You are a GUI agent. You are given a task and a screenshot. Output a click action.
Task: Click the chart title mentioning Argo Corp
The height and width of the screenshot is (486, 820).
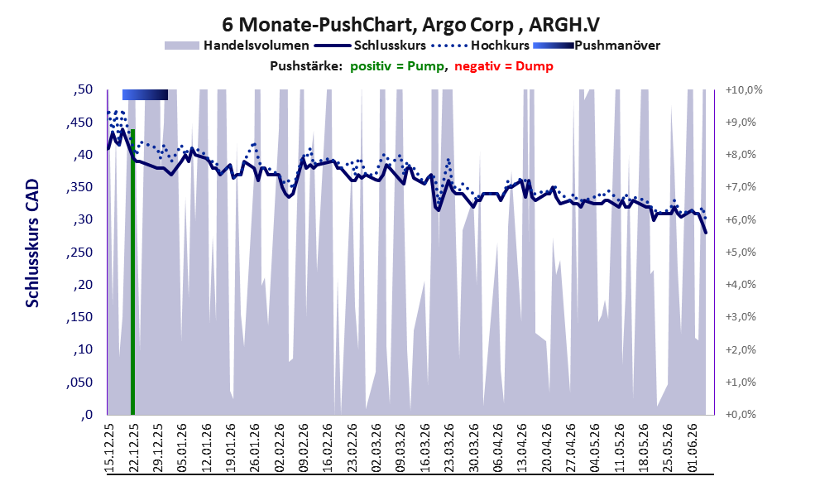tap(410, 24)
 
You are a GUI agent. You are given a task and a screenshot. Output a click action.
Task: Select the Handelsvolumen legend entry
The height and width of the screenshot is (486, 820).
tap(237, 46)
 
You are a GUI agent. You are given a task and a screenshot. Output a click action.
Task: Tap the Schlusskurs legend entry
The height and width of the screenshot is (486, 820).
tap(370, 46)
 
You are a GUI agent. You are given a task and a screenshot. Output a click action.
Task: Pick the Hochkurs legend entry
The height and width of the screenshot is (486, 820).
tap(480, 46)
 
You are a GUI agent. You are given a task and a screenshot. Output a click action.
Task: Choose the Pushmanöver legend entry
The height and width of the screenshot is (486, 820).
tap(597, 46)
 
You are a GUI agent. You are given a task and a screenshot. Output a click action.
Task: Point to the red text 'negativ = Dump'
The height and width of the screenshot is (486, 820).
tap(504, 66)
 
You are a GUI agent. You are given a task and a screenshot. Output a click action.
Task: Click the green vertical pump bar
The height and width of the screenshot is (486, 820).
tap(133, 272)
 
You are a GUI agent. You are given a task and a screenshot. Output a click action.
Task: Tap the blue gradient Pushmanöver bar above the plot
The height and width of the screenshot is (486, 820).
tap(145, 94)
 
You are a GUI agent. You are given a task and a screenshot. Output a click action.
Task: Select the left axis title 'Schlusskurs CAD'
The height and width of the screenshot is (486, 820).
tap(32, 243)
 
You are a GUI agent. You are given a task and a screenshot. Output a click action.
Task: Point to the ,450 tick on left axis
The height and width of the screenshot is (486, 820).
tap(79, 123)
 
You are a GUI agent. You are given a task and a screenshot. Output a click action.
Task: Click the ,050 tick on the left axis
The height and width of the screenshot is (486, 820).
tap(79, 383)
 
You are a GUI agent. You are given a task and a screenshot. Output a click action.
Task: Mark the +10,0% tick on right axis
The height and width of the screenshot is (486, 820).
tap(744, 90)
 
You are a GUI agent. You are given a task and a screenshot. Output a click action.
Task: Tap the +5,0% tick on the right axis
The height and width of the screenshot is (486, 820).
tap(741, 253)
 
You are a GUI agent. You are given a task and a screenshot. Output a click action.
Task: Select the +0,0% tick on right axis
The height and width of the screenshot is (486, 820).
tap(741, 414)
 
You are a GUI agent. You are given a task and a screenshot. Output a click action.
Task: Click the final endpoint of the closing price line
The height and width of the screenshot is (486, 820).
tap(706, 233)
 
